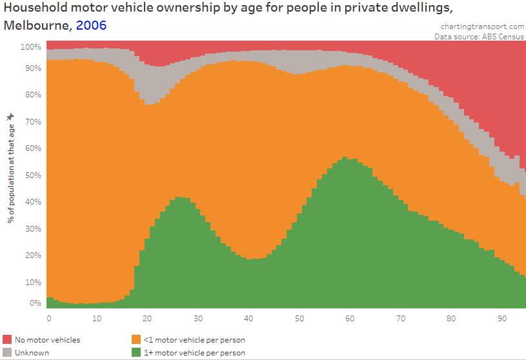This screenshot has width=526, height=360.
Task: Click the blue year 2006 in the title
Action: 91,26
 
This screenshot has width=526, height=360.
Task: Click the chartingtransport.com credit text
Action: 482,26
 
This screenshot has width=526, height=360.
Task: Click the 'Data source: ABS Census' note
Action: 480,37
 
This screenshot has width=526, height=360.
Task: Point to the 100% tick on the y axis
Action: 31,47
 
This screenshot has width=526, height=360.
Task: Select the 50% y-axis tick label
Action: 33,175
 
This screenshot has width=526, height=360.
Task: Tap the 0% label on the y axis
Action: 35,303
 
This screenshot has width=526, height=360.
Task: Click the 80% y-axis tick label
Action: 33,95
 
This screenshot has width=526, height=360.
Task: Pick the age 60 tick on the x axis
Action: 349,318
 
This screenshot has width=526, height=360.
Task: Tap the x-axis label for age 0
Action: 49,318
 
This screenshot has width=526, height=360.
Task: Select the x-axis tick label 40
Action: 249,318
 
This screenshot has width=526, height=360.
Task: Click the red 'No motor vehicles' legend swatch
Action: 7,339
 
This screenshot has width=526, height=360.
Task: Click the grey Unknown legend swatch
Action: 7,352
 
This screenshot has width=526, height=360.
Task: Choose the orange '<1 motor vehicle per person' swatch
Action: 136,339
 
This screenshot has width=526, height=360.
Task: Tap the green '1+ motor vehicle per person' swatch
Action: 136,352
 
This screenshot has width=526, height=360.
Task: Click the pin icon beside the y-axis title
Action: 10,116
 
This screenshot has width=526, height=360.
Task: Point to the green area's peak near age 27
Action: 179,198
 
